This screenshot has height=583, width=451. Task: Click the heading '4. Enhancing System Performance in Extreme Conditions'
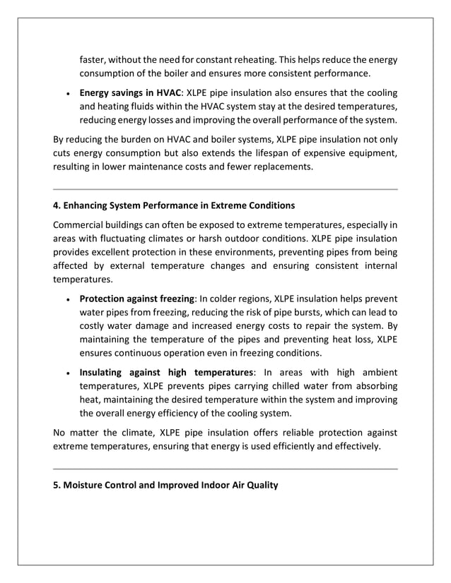point(174,205)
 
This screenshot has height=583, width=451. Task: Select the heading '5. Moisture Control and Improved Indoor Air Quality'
point(165,485)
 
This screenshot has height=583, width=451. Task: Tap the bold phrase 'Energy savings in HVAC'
point(130,92)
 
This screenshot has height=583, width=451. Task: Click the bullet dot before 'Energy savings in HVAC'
point(66,93)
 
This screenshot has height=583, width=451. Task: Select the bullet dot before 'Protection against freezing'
point(66,299)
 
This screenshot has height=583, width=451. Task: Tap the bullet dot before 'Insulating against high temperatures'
point(66,373)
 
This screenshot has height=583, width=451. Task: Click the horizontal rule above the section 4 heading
point(225,189)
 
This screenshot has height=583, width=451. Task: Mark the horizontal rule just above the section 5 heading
point(225,469)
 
